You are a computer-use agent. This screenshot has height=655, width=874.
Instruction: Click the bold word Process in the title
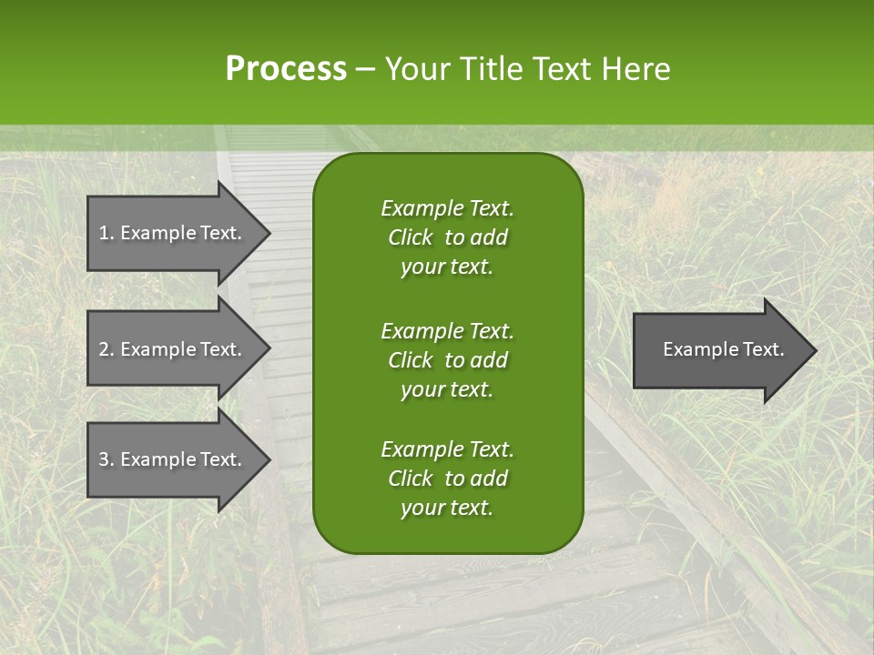click(286, 69)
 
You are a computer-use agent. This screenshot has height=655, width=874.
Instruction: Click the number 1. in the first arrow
click(106, 233)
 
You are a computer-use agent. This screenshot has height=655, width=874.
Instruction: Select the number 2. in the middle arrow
click(106, 349)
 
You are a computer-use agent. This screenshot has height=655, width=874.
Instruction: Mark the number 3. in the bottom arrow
click(106, 459)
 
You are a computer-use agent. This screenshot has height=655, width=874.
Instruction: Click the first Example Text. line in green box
click(447, 208)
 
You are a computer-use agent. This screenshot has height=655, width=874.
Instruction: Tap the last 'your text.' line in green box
click(447, 508)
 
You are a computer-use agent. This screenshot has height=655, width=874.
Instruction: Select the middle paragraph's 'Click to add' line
click(447, 360)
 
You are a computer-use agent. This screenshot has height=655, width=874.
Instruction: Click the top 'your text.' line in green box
click(447, 267)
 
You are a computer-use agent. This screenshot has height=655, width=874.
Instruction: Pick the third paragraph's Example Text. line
click(447, 449)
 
